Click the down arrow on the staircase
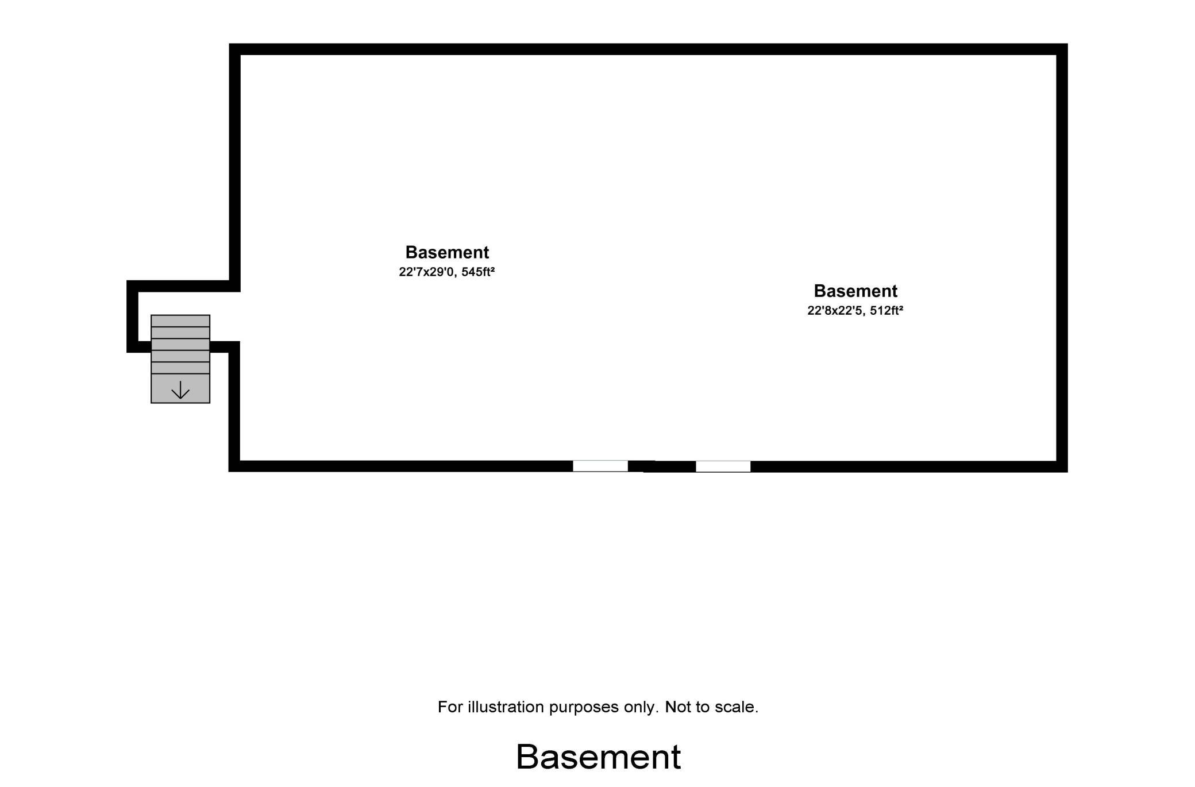180,390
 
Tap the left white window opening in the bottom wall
600,466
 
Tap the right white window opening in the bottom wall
723,466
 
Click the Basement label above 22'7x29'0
447,252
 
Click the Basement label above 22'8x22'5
855,291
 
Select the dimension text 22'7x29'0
426,272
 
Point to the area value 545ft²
478,272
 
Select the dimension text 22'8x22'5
835,310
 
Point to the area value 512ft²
886,310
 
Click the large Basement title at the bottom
598,757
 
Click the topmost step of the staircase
180,321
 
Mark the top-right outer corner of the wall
1067,44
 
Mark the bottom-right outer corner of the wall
1067,472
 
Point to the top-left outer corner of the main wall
229,44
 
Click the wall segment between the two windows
662,466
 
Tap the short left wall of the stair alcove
132,317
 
